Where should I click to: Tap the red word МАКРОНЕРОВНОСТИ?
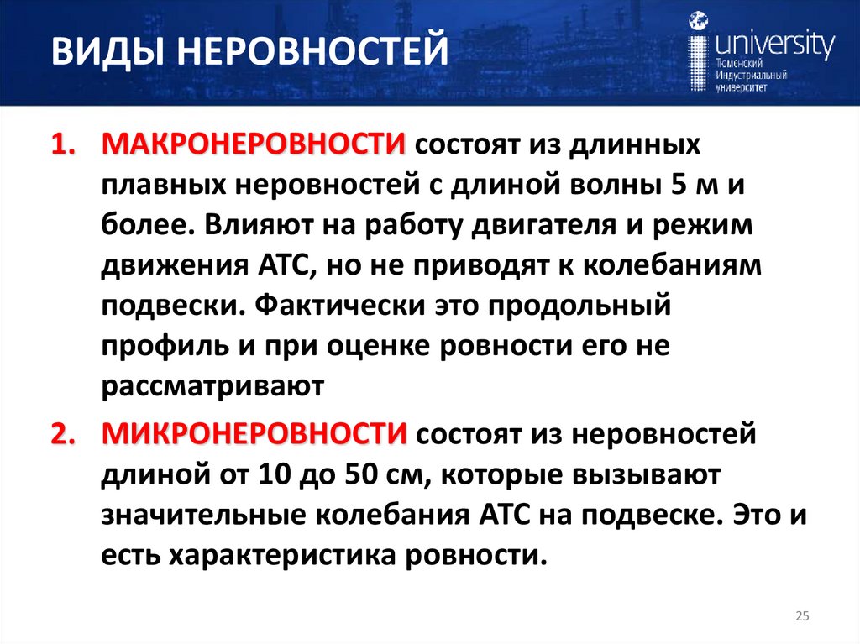click(253, 144)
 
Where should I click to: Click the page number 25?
click(801, 617)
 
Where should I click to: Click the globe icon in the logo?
click(697, 21)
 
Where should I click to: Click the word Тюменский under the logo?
click(739, 64)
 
